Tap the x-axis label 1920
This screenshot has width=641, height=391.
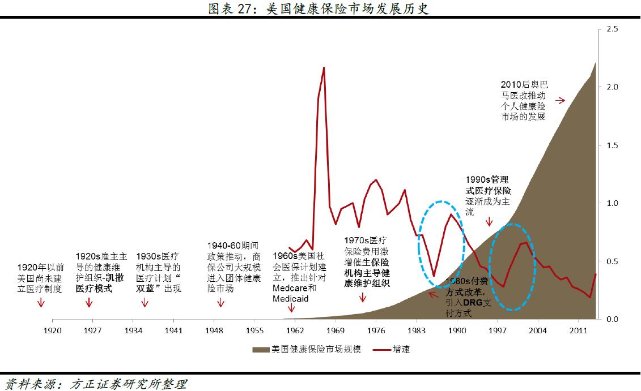52,330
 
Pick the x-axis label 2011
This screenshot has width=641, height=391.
578,330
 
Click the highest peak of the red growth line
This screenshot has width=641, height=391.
324,68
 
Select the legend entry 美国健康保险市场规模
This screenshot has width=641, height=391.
309,349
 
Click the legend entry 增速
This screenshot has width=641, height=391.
400,349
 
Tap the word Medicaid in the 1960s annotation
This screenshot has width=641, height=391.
290,298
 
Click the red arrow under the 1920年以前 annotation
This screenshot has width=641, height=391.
40,303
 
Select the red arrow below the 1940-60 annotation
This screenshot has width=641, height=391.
220,303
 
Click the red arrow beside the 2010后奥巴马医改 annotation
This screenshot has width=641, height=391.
560,100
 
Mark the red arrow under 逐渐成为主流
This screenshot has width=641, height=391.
490,222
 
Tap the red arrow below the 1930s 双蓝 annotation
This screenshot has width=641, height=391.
145,303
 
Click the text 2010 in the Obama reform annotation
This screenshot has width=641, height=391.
511,85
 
